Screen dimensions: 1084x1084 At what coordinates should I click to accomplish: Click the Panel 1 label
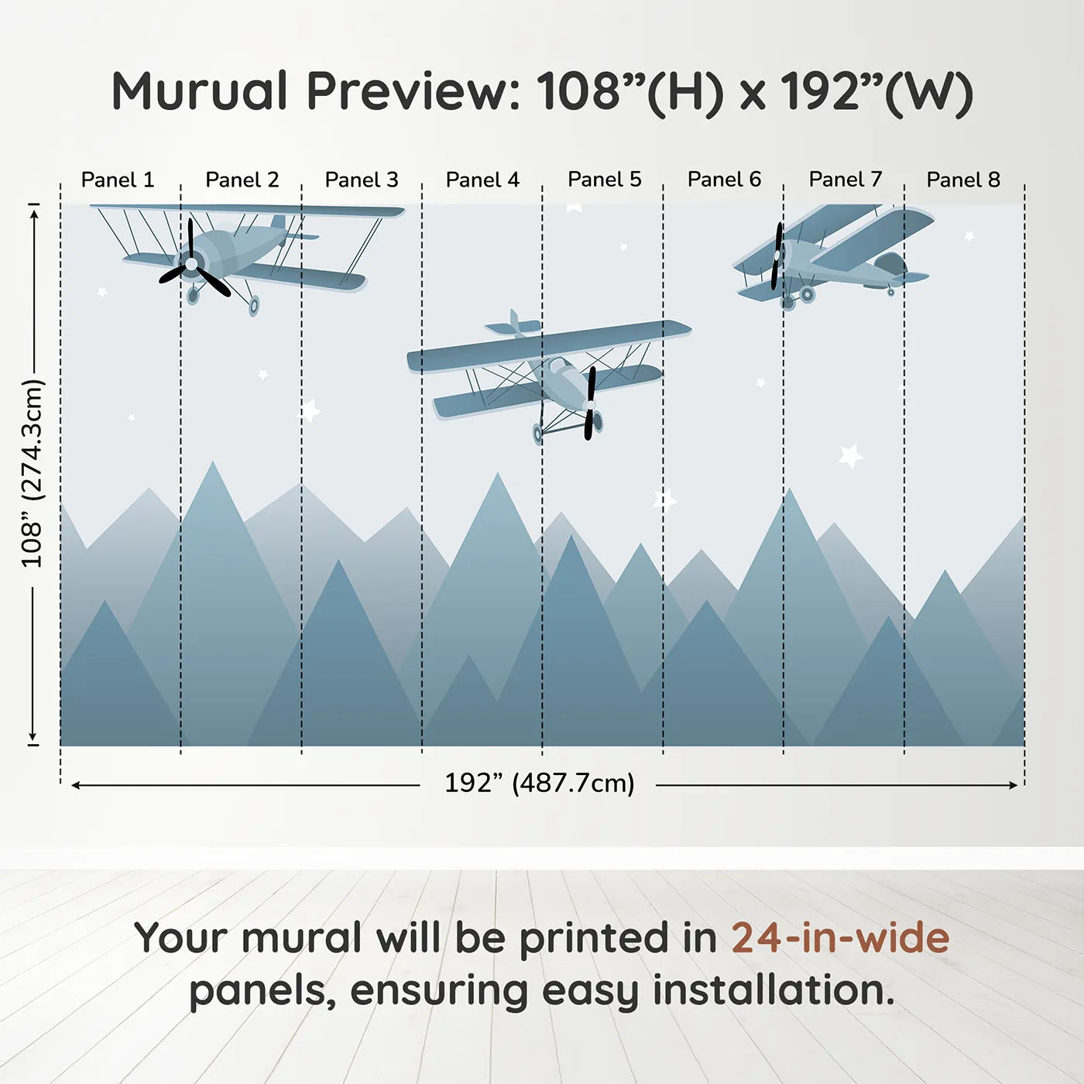(118, 180)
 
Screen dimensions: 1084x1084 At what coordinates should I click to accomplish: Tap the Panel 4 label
(482, 180)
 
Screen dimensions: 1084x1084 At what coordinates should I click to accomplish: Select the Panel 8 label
(963, 180)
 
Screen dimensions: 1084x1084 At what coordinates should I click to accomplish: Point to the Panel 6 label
(724, 180)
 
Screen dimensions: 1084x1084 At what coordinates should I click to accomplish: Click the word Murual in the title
(200, 91)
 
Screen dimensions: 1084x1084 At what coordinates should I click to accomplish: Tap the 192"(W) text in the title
(876, 91)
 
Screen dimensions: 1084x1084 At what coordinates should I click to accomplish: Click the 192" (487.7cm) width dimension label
(539, 783)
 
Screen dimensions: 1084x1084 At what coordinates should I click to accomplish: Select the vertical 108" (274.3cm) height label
(33, 473)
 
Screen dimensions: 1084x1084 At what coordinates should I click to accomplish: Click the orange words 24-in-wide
(840, 938)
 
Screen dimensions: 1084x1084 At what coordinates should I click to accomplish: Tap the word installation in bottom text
(772, 990)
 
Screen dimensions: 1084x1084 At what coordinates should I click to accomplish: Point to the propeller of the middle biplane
(591, 403)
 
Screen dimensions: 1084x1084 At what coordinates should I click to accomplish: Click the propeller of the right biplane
(777, 256)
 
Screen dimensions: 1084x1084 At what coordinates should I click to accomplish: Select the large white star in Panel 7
(850, 455)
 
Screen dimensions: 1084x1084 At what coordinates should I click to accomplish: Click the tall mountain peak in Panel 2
(212, 468)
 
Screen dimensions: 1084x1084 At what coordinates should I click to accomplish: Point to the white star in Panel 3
(310, 410)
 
